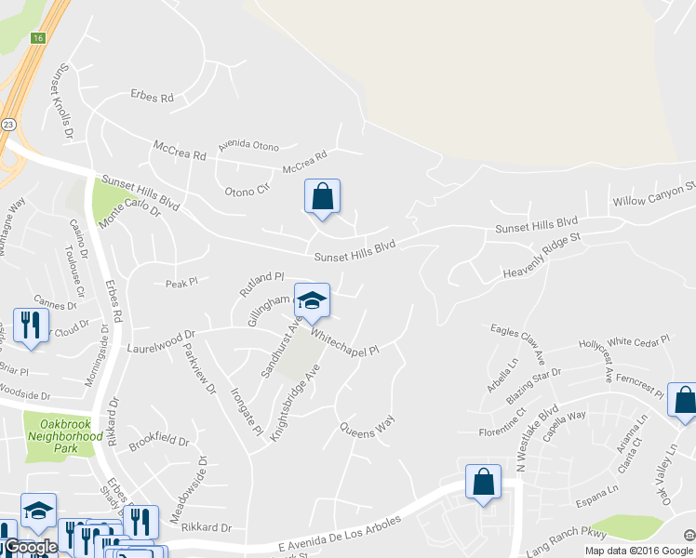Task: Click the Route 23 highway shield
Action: [x=8, y=124]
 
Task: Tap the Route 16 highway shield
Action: [x=37, y=38]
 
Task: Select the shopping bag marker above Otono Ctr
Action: [x=322, y=197]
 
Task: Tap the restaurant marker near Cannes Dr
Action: [x=31, y=326]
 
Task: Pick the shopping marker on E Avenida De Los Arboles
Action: [x=483, y=483]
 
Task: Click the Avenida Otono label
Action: [x=248, y=146]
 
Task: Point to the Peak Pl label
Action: [x=181, y=282]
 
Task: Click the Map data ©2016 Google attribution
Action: [x=637, y=551]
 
